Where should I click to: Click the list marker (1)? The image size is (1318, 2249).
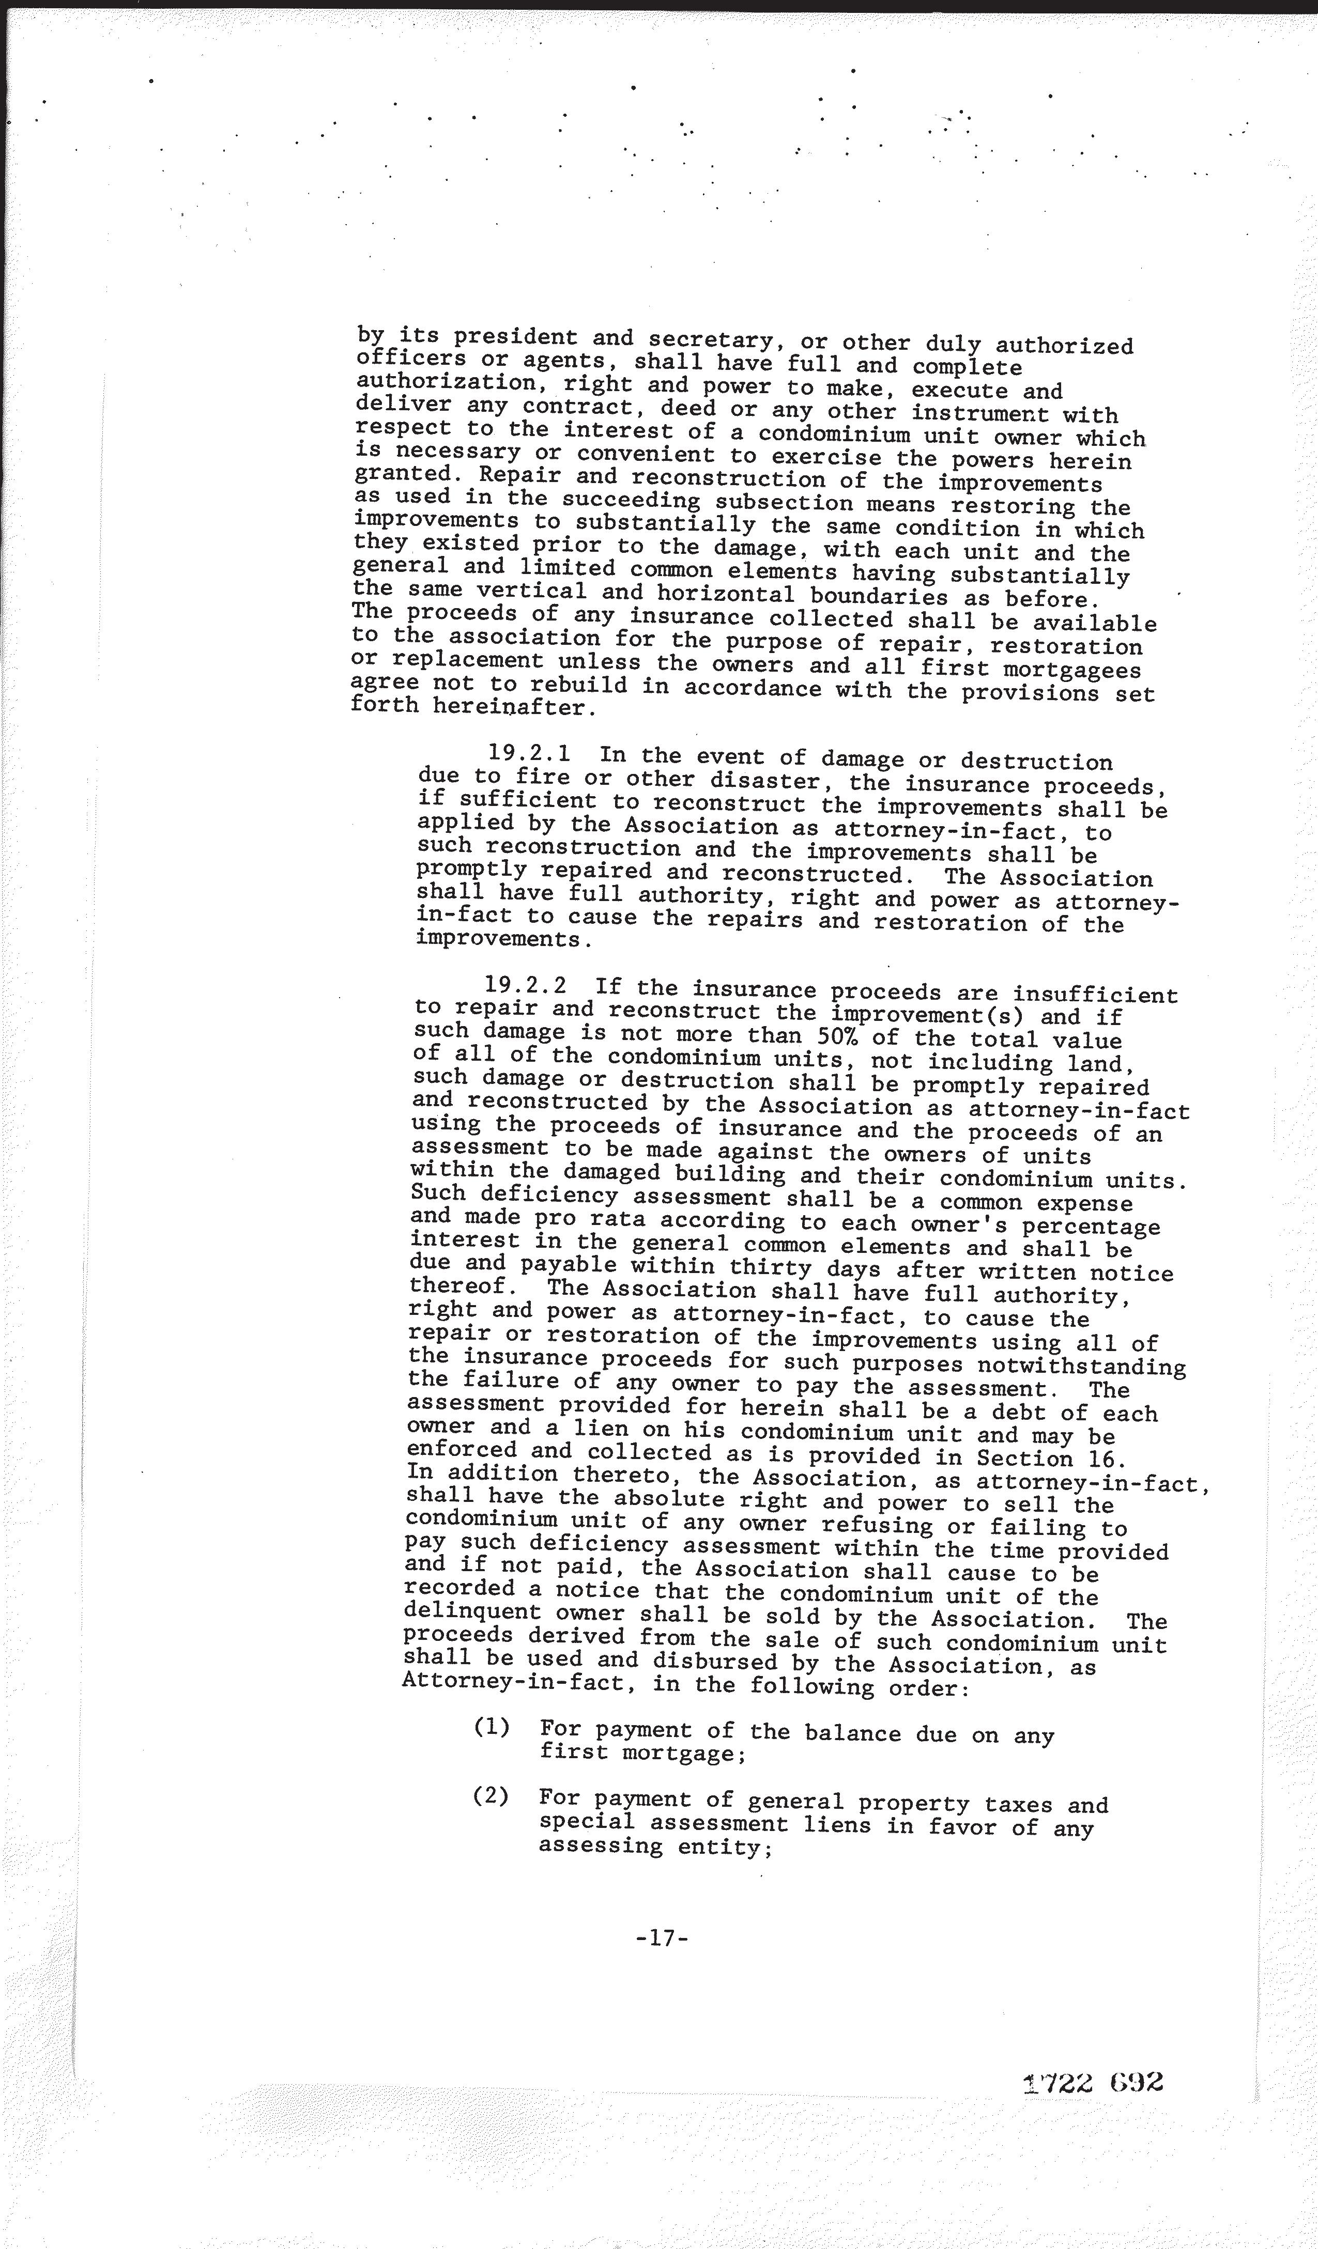pos(491,1727)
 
